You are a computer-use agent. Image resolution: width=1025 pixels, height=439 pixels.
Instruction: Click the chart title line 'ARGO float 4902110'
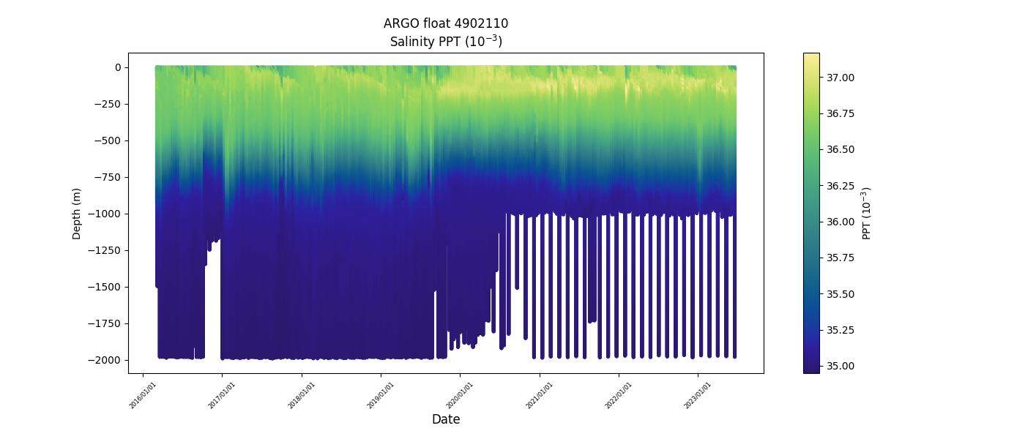(x=446, y=23)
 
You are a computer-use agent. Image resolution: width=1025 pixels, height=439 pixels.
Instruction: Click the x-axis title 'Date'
(x=446, y=419)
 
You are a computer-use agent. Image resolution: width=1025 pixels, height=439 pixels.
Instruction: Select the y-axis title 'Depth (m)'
(x=77, y=213)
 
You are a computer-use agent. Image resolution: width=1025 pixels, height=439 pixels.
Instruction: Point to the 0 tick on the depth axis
(x=116, y=67)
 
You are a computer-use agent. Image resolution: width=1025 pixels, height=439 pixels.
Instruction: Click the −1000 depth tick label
(x=105, y=214)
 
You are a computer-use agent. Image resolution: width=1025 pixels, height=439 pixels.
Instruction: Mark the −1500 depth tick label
(x=105, y=287)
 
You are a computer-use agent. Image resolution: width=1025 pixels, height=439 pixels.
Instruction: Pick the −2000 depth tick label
(x=105, y=360)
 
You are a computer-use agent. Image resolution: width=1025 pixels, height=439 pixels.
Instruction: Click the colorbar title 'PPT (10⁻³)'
(x=867, y=213)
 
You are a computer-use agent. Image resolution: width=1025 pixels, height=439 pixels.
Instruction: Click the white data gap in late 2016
(x=212, y=307)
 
